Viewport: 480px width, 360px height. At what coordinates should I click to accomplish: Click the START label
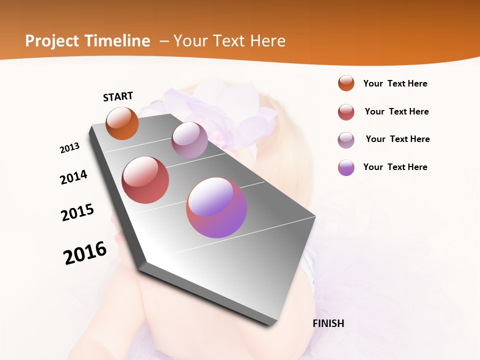click(x=118, y=96)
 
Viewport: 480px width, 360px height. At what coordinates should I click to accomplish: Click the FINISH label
click(x=328, y=323)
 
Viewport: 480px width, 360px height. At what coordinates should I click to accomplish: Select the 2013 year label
click(x=69, y=148)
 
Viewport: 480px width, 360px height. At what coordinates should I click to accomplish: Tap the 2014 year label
click(x=73, y=177)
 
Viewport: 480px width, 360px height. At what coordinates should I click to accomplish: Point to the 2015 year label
click(x=77, y=212)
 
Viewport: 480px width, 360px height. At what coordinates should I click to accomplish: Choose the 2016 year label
click(x=85, y=253)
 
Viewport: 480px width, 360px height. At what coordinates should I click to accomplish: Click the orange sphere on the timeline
click(x=122, y=123)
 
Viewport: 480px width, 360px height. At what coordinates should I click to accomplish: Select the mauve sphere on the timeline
click(x=189, y=140)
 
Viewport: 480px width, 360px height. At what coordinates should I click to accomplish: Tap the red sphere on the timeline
click(x=145, y=180)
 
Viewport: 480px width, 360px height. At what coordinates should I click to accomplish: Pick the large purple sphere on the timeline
click(x=216, y=207)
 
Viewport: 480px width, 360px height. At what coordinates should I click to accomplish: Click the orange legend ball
click(x=346, y=83)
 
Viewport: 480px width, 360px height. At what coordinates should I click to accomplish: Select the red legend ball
click(x=346, y=112)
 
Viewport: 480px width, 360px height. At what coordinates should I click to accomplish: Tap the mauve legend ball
click(x=346, y=140)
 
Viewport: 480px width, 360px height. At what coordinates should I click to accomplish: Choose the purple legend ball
click(x=346, y=167)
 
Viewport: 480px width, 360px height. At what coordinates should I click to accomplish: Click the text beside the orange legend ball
click(x=395, y=83)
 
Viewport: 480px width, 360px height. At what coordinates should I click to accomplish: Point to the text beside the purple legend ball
click(x=395, y=167)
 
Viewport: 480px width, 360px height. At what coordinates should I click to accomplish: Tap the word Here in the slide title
click(x=267, y=41)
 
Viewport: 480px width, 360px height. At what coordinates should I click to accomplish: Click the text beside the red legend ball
click(x=396, y=111)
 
